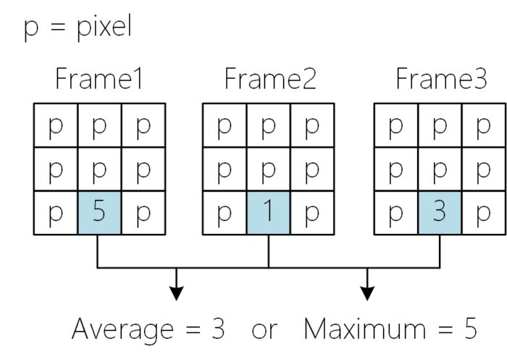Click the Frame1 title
[x=99, y=79]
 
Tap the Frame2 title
[x=270, y=79]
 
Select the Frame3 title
[x=441, y=79]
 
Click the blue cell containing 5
[x=99, y=212]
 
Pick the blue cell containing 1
[x=269, y=212]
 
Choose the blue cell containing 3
[x=440, y=212]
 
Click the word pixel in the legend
[x=104, y=27]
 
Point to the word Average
[x=122, y=330]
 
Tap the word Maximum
[x=365, y=329]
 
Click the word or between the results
[x=264, y=330]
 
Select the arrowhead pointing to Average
[x=176, y=293]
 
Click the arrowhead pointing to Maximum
[x=367, y=293]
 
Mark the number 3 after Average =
[x=218, y=329]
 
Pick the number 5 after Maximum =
[x=471, y=329]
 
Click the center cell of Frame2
[x=269, y=169]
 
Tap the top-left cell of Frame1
[x=56, y=125]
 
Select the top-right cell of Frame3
[x=483, y=125]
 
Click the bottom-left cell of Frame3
[x=396, y=212]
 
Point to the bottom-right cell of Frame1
[x=143, y=212]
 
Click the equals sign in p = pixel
[x=58, y=27]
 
